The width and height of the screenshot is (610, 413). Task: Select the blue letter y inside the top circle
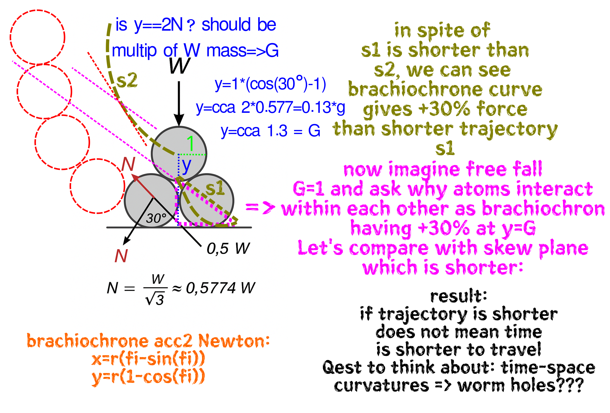(186, 166)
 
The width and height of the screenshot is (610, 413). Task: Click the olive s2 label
(127, 80)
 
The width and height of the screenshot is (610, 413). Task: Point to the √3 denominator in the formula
(155, 299)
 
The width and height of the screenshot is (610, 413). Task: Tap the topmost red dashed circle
(38, 37)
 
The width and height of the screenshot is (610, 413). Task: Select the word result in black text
(458, 296)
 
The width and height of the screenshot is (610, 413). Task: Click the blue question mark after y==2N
(191, 25)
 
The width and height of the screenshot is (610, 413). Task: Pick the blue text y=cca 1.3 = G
(270, 131)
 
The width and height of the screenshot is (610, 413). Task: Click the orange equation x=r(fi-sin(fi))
(148, 359)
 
